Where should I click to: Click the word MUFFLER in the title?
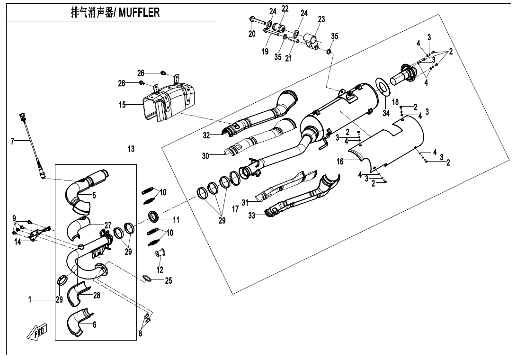click(139, 13)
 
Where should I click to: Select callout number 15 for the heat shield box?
click(123, 105)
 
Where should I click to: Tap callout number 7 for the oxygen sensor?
click(13, 141)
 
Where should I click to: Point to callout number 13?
click(131, 149)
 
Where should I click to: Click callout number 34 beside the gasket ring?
click(386, 113)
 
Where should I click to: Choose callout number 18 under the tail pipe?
click(395, 102)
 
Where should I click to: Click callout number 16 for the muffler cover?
click(340, 162)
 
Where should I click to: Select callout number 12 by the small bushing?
click(160, 270)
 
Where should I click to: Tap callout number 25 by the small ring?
click(169, 280)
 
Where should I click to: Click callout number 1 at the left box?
click(29, 299)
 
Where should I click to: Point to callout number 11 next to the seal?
click(176, 220)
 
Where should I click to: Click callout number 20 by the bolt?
click(252, 34)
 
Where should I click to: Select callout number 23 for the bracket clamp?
click(321, 19)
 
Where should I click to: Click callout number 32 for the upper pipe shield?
click(206, 135)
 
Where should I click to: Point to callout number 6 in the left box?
click(94, 324)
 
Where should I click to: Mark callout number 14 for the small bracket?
click(17, 242)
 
